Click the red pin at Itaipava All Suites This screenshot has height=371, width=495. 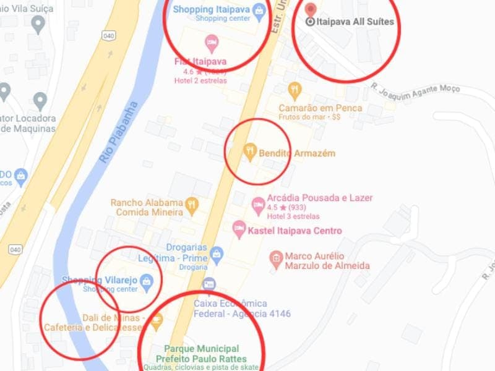click(311, 10)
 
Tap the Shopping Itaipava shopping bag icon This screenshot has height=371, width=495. click(260, 10)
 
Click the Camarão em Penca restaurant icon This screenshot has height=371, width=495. click(295, 90)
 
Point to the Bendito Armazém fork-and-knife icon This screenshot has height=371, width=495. click(250, 151)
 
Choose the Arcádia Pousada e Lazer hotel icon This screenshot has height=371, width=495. click(258, 203)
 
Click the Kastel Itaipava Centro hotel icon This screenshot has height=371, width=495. click(238, 230)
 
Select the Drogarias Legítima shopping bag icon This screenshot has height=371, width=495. click(216, 253)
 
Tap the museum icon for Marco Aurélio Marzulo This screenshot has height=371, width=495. click(276, 257)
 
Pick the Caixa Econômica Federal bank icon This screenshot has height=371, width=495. click(209, 284)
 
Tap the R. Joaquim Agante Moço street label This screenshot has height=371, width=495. click(416, 88)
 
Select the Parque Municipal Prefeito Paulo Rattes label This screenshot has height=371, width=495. click(201, 354)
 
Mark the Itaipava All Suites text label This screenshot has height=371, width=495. click(355, 22)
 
